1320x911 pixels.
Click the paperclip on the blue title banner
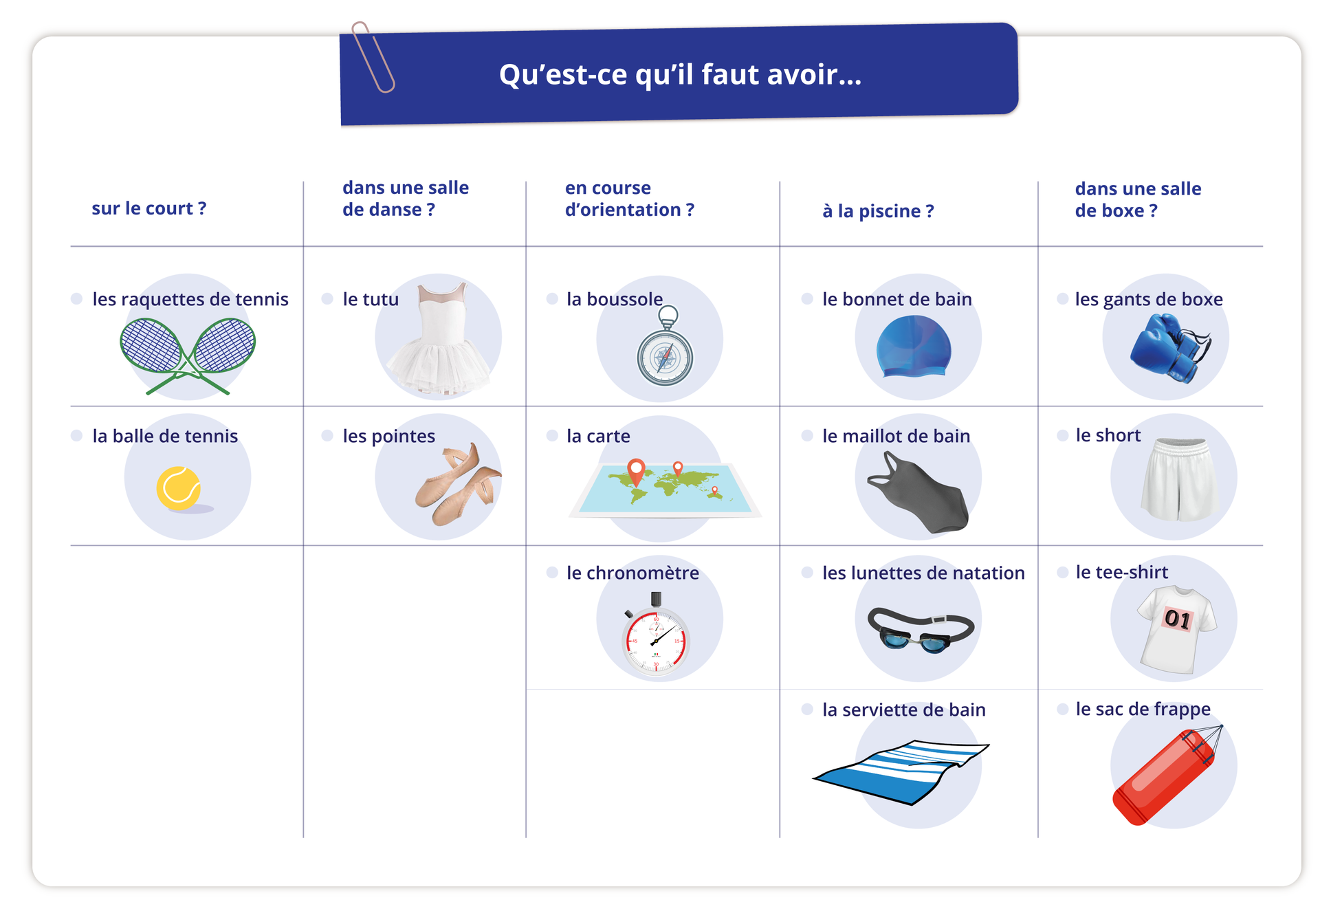(373, 56)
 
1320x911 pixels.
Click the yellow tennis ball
(179, 488)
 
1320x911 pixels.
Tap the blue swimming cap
(914, 347)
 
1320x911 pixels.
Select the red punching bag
(1165, 776)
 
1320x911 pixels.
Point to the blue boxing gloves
(1169, 347)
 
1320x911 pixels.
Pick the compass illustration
(665, 347)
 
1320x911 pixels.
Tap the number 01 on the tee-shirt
(1178, 619)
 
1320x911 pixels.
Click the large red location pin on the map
(637, 472)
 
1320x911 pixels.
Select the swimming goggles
(921, 630)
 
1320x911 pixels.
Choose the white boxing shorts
(1180, 479)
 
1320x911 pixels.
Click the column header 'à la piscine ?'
(878, 211)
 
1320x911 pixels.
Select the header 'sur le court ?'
(149, 208)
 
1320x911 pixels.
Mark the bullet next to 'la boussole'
(552, 298)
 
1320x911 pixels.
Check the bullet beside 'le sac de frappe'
(1063, 709)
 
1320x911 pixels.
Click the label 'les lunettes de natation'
(923, 573)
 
